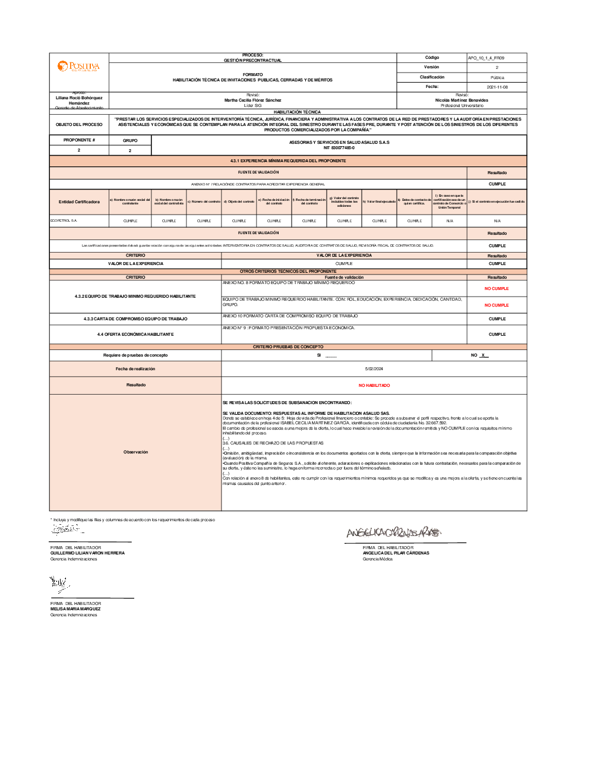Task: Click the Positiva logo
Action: click(x=78, y=66)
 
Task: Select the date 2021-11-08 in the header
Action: click(x=497, y=87)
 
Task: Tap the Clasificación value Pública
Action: click(x=497, y=78)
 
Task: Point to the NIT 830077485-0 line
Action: click(x=339, y=148)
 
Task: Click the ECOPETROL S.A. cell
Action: click(x=64, y=220)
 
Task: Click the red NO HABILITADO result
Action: click(x=374, y=386)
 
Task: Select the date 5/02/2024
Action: click(x=374, y=369)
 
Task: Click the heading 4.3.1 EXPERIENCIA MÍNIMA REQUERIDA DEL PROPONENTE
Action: click(x=288, y=161)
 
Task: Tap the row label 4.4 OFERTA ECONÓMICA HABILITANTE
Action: click(x=135, y=335)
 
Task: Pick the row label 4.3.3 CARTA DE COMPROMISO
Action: click(x=135, y=319)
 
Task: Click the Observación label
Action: click(x=135, y=452)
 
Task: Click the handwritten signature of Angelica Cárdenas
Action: click(x=394, y=532)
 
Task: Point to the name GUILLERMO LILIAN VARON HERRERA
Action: click(x=87, y=553)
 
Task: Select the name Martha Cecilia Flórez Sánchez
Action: click(x=253, y=100)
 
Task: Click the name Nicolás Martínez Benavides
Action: click(x=462, y=100)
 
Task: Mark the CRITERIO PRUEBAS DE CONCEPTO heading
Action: click(x=288, y=347)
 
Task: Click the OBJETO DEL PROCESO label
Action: click(x=79, y=125)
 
